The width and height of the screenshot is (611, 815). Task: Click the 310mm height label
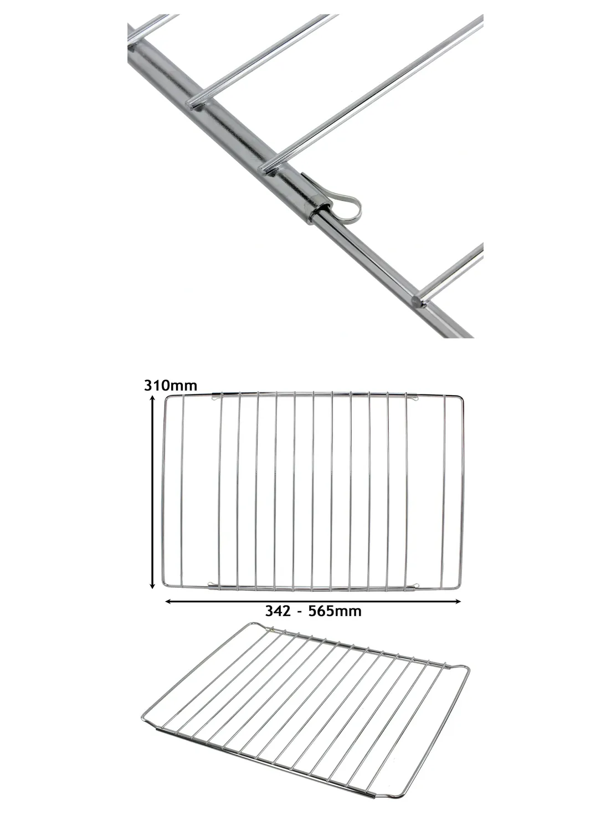171,385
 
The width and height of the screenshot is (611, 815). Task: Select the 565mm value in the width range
335,611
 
